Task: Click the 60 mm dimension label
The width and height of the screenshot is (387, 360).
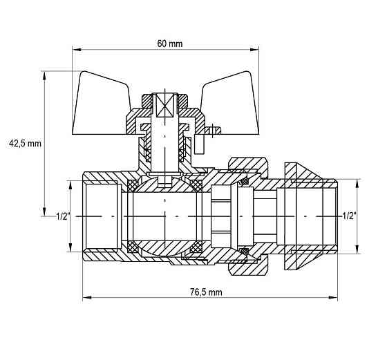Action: pos(170,44)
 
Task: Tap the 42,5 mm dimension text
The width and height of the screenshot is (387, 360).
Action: pos(25,143)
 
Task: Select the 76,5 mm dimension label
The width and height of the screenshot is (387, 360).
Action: pos(206,292)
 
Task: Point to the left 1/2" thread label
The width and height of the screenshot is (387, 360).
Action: pos(63,216)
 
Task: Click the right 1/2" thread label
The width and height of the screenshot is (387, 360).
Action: pos(349,216)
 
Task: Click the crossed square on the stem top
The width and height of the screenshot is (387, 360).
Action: pos(165,104)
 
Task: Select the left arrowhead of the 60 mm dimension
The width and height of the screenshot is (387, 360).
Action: pos(77,50)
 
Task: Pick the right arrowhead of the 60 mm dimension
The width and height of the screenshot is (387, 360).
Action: pos(254,50)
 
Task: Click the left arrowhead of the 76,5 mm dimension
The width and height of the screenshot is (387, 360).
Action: pos(87,298)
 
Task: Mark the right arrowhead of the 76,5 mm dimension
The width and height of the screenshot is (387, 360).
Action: pos(332,298)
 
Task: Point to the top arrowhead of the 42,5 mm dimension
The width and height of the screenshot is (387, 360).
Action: pos(44,76)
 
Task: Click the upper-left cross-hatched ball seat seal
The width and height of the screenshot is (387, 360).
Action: pos(133,186)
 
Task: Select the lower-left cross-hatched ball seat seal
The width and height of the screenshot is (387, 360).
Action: pos(133,247)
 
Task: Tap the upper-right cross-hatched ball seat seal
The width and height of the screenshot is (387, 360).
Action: pos(196,186)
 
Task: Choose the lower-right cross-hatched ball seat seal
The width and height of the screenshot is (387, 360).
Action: pos(196,247)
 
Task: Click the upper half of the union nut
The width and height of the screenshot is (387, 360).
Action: pos(248,166)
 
